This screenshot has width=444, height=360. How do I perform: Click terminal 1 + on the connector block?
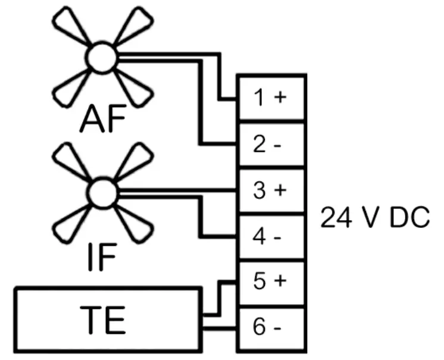(x=272, y=98)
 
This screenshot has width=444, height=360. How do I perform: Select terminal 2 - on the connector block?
(x=272, y=145)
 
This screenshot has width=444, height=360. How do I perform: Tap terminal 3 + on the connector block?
(x=272, y=192)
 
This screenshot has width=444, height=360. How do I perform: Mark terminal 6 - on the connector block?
(x=272, y=327)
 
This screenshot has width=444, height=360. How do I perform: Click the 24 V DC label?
(x=375, y=219)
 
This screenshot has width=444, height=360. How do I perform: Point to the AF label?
(x=105, y=120)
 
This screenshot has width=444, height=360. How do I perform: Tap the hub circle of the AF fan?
(x=102, y=58)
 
